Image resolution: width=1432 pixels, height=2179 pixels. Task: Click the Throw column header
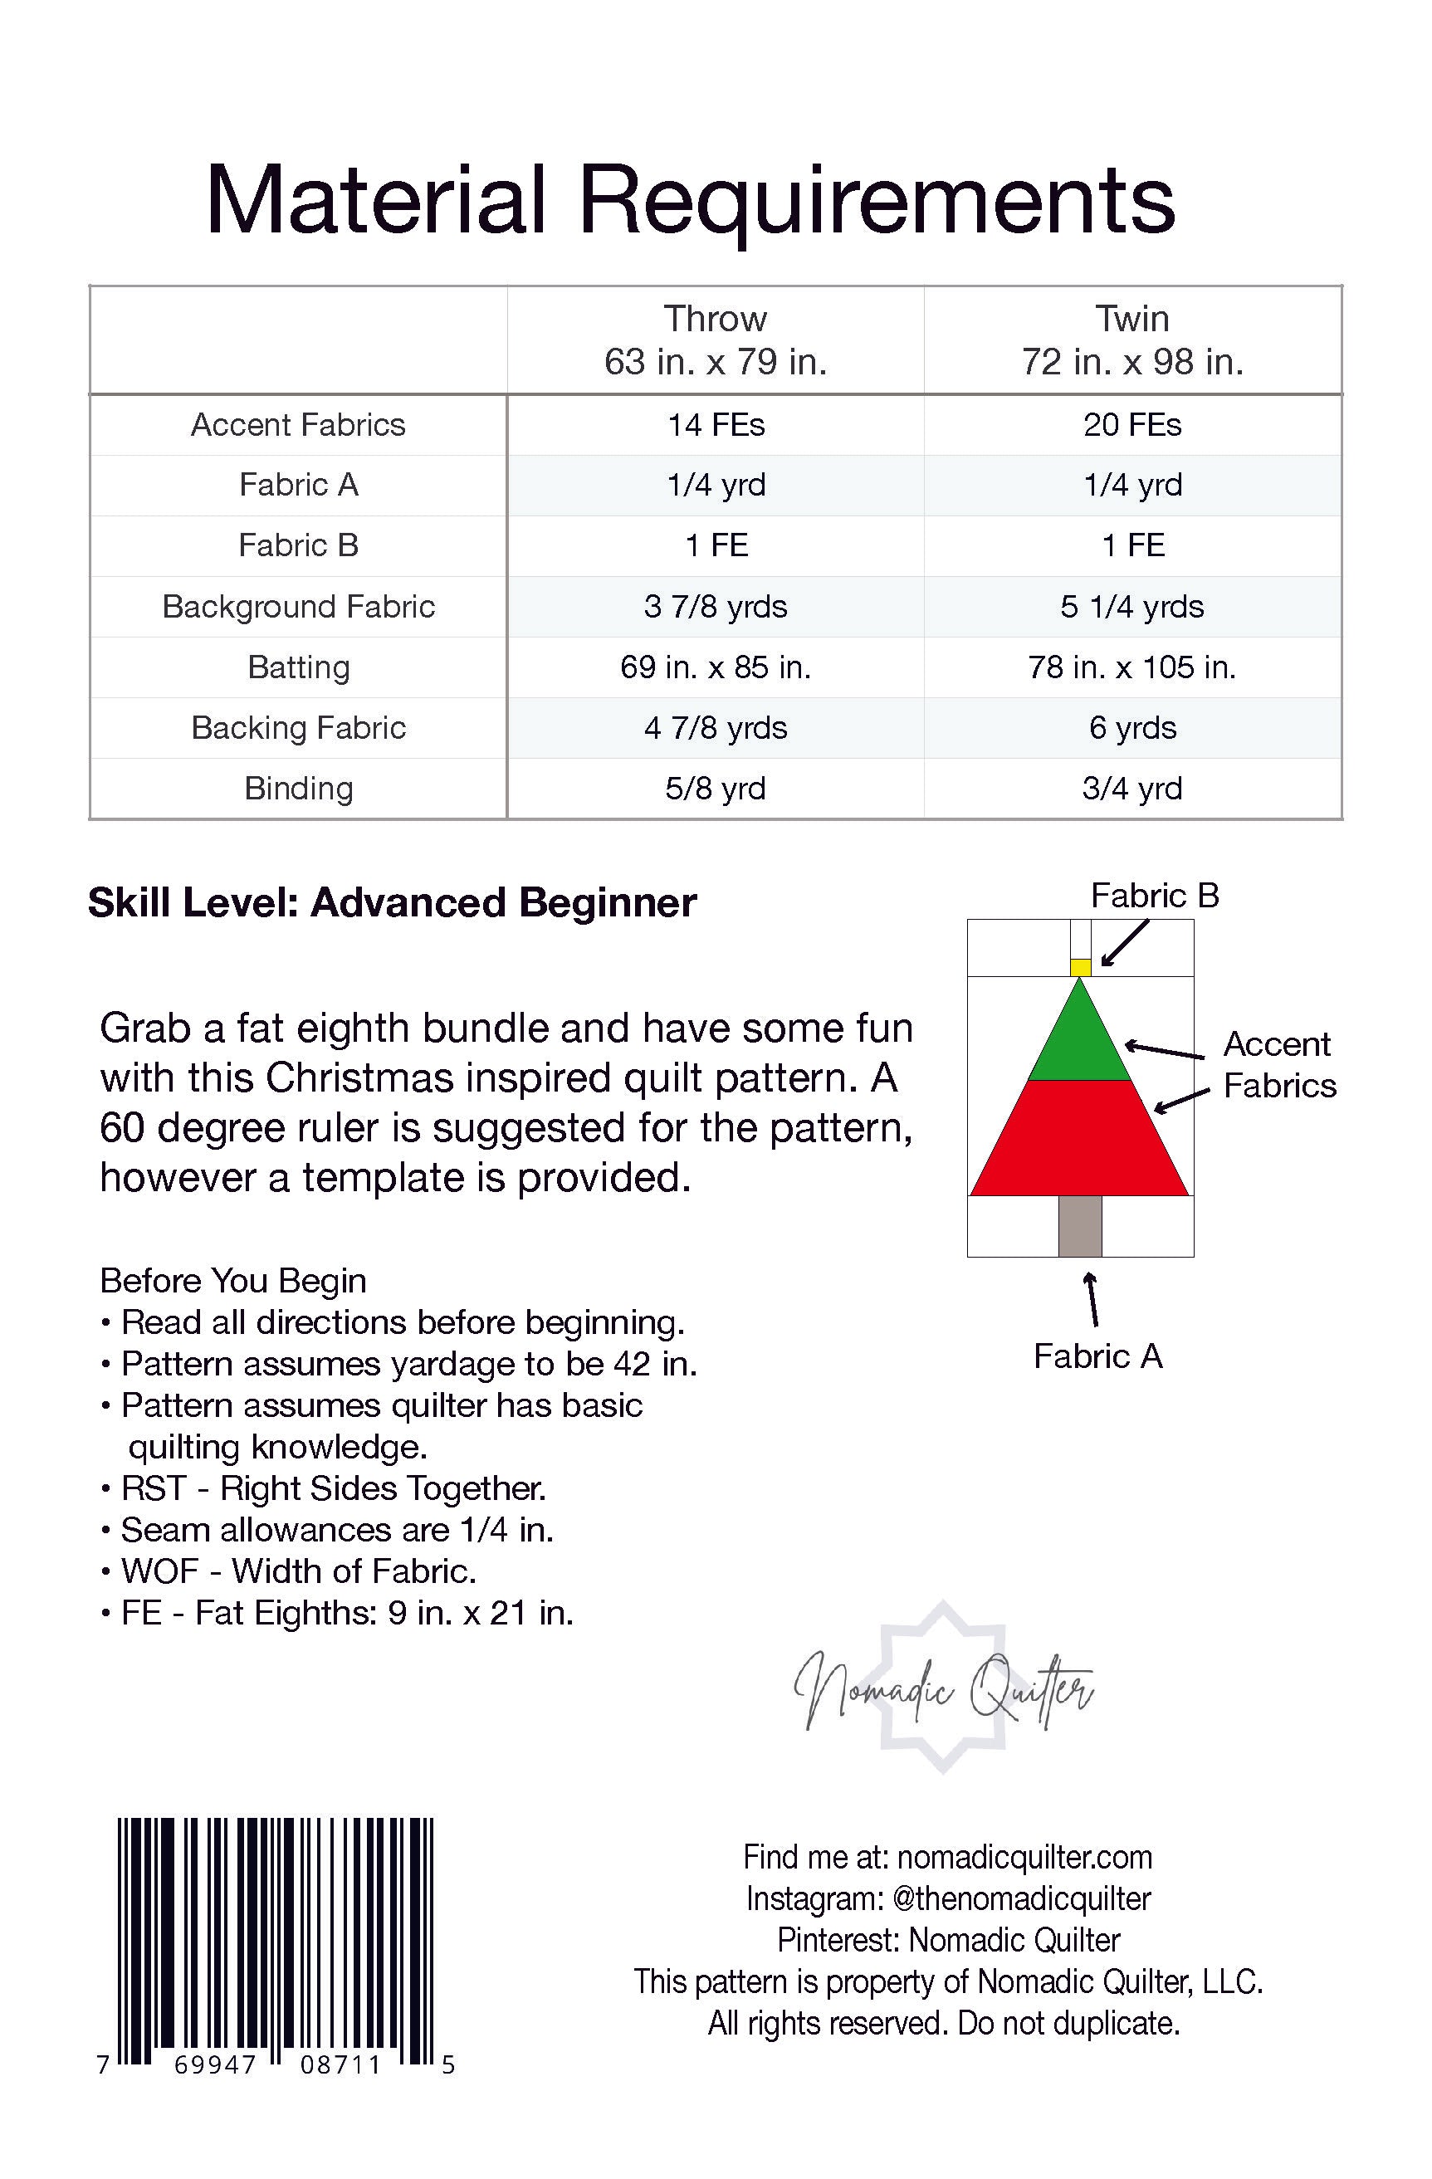[715, 340]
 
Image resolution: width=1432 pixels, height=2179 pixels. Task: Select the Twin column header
[1132, 340]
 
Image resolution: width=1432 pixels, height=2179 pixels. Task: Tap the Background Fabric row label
[299, 606]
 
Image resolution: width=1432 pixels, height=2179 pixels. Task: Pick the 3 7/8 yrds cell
[715, 606]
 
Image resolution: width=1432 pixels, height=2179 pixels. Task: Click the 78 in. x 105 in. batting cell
[1131, 667]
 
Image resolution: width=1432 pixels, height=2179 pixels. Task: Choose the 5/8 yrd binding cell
[715, 789]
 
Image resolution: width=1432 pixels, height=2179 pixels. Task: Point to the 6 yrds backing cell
[1132, 728]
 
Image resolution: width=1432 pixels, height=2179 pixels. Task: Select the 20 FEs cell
[1132, 425]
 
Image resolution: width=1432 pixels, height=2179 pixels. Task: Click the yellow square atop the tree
[1080, 967]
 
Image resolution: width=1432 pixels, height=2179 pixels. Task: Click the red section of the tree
[1080, 1140]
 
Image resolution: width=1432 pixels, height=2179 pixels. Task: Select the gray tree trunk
[1080, 1226]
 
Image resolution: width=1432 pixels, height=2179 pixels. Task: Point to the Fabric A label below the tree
[1097, 1356]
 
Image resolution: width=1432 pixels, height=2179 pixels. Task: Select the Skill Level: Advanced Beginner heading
[392, 903]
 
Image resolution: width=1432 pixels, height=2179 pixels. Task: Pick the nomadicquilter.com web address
[1024, 1857]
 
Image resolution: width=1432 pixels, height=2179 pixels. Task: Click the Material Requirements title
[691, 199]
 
